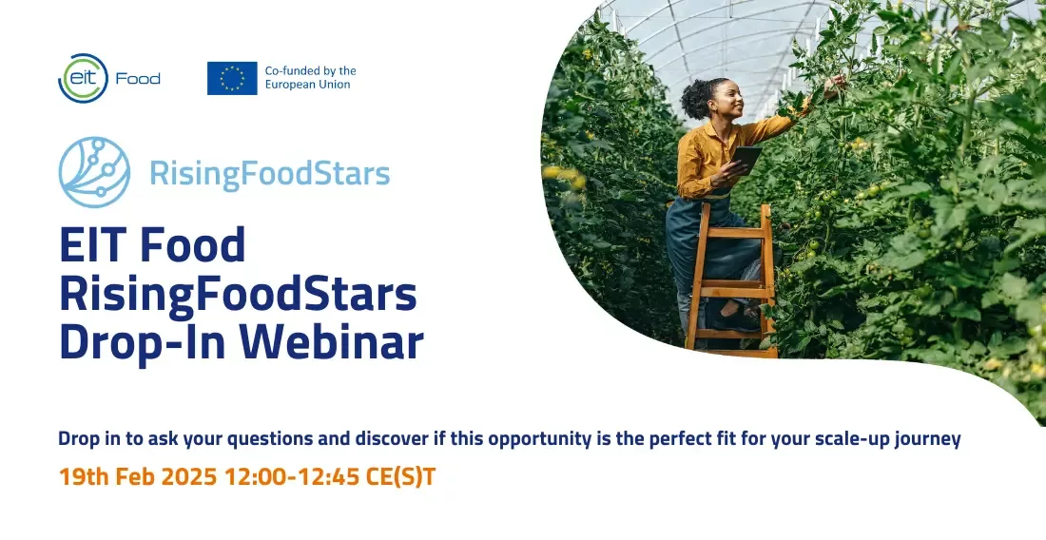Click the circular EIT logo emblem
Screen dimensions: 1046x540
tap(83, 78)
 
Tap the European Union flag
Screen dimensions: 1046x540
tap(232, 78)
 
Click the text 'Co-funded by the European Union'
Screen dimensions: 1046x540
tap(310, 77)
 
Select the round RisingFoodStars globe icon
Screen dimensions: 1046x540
tap(94, 172)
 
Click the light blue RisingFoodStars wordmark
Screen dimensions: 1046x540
tap(269, 173)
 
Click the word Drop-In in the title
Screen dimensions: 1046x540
tap(145, 341)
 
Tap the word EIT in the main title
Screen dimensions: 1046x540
tap(93, 244)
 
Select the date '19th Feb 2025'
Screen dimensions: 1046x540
tap(138, 476)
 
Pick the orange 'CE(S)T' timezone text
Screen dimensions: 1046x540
tap(400, 476)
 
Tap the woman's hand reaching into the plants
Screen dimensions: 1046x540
tap(834, 84)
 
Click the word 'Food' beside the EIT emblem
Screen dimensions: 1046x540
tap(138, 79)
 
